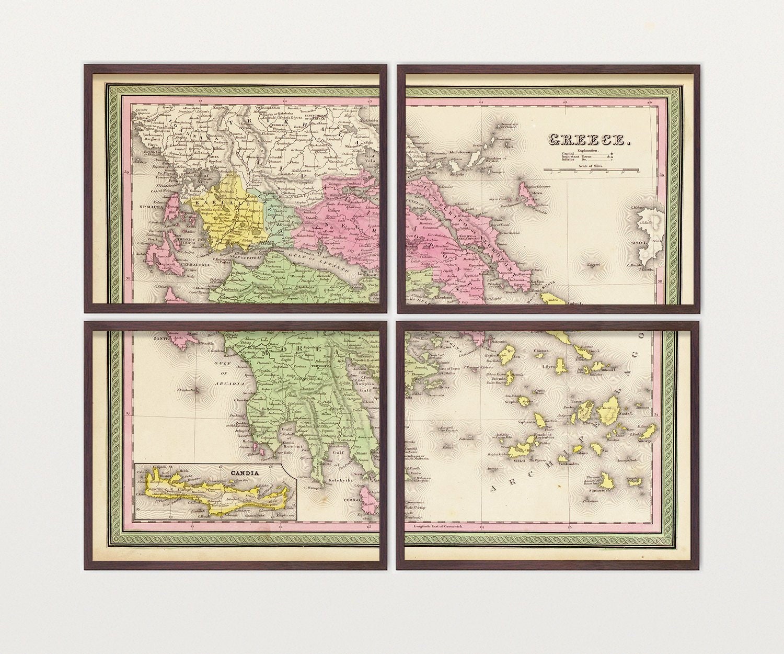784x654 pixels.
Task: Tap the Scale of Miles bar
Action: click(592, 169)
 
